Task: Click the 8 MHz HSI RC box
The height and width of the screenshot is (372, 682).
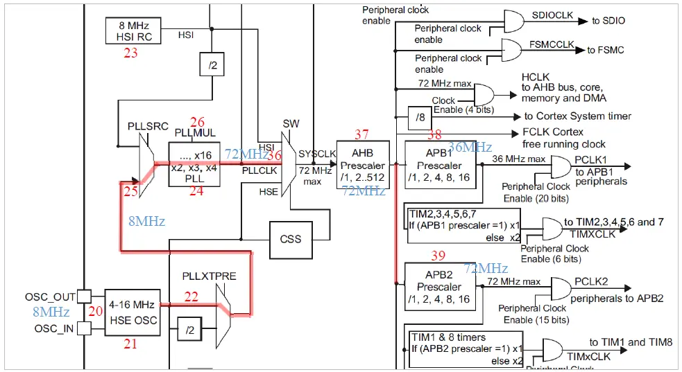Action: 131,30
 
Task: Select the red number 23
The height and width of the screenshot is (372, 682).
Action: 130,53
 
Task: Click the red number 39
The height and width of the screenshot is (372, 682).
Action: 438,256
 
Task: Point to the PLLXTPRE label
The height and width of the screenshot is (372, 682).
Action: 210,276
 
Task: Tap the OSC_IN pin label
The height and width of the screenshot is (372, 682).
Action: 53,328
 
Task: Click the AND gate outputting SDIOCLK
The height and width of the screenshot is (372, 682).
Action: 514,21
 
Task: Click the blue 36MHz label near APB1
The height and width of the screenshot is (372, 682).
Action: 470,147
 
